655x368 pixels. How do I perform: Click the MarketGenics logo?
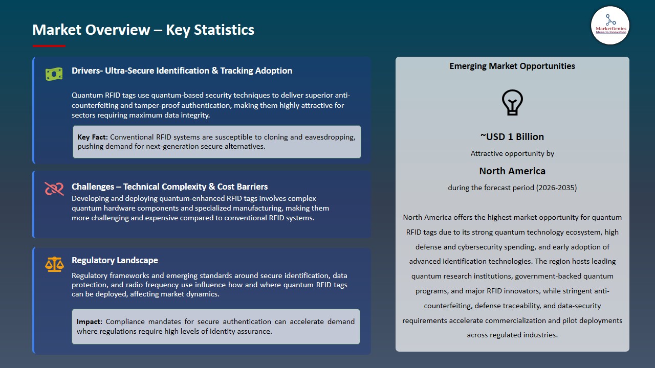[x=610, y=25]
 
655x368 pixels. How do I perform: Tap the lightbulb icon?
[x=512, y=102]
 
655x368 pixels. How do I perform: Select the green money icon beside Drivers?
[x=54, y=74]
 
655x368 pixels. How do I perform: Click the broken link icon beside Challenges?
[x=54, y=189]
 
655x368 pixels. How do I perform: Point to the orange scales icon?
[x=54, y=264]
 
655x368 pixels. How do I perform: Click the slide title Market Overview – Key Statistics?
[x=143, y=30]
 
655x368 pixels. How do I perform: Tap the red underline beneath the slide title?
[x=49, y=46]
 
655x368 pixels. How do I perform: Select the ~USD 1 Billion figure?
[x=512, y=136]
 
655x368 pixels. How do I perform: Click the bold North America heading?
[x=512, y=171]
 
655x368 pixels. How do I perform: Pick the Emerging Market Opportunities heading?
[x=512, y=66]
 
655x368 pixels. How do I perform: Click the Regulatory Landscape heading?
[x=115, y=260]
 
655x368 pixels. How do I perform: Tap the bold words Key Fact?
[x=93, y=137]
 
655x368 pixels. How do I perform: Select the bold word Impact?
[x=90, y=321]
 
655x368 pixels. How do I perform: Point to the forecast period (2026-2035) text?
[x=512, y=188]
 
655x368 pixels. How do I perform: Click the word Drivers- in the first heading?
[x=87, y=71]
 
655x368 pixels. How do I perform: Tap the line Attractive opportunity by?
[x=512, y=153]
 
